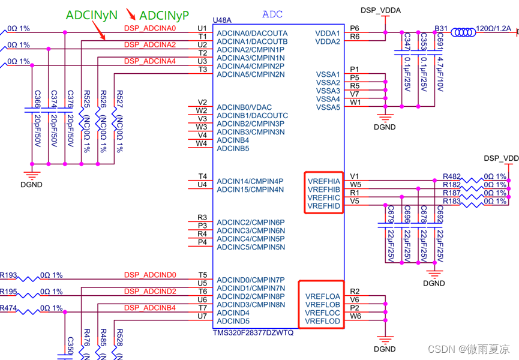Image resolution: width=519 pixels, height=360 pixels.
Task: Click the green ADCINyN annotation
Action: click(91, 14)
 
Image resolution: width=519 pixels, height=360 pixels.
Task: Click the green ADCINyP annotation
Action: click(166, 14)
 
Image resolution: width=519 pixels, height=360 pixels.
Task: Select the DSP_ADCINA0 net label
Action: click(150, 28)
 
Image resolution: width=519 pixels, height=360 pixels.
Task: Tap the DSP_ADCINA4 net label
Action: click(150, 61)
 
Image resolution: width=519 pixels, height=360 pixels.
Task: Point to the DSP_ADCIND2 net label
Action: click(150, 292)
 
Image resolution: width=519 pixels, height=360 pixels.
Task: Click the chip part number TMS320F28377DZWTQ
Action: click(253, 333)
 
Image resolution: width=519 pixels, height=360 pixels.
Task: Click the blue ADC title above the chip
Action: click(274, 14)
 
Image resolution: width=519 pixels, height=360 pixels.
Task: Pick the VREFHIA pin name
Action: click(323, 181)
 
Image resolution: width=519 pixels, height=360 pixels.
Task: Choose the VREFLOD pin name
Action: click(322, 322)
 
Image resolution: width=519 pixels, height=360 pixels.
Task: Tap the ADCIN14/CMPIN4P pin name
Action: click(250, 181)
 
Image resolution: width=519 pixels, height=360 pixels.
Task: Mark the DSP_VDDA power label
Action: click(380, 10)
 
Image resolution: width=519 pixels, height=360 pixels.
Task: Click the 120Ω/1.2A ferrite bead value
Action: click(494, 28)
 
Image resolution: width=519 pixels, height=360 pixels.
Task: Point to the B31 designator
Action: click(441, 28)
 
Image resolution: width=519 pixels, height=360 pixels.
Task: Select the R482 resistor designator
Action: click(452, 176)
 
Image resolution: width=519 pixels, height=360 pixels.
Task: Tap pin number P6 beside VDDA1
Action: click(355, 28)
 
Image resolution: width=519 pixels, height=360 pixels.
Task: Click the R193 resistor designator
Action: click(8, 275)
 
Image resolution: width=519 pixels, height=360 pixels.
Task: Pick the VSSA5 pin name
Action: click(328, 107)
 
